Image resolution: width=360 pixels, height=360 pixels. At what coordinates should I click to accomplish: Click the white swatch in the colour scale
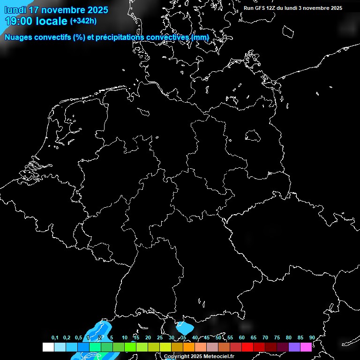tap(48, 347)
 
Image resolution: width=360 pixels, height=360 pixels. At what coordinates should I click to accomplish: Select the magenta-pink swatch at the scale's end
tap(306, 347)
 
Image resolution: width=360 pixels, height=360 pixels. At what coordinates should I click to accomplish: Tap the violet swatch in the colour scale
tap(294, 347)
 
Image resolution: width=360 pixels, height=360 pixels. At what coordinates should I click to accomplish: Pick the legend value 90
tap(312, 337)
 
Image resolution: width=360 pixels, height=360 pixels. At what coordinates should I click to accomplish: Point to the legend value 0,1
tap(55, 337)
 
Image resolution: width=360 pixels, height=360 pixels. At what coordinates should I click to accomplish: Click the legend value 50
tap(218, 337)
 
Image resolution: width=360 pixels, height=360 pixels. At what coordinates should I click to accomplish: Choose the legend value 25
tap(160, 337)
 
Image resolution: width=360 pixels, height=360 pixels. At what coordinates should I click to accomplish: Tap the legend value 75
tap(277, 337)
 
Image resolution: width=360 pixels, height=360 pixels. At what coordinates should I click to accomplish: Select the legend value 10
tap(125, 337)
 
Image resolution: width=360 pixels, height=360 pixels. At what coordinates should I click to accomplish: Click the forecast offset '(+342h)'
tap(83, 21)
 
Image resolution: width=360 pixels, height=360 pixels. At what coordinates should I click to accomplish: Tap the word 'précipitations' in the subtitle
tap(119, 37)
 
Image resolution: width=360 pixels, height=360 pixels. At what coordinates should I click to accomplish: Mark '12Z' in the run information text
tap(271, 8)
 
